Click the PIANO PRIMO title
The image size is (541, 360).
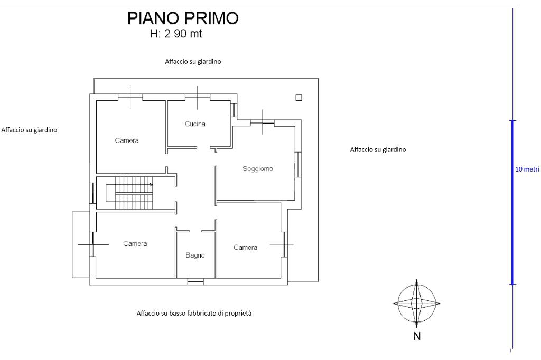coord(183,18)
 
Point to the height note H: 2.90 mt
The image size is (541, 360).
coord(176,34)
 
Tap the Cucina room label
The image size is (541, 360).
coord(195,124)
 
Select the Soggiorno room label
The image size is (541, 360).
coord(258,169)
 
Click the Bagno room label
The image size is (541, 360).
coord(195,255)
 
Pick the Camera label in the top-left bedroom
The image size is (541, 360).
coord(127,140)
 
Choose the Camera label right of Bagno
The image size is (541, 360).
coord(245,248)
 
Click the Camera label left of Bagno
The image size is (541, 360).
coord(135,244)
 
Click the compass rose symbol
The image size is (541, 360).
coord(417,304)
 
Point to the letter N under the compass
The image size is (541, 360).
coord(417,336)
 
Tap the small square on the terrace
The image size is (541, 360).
coord(299,97)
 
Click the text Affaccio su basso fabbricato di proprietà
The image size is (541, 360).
coord(194,313)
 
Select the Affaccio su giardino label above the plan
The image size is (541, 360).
coord(193,61)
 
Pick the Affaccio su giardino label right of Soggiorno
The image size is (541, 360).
coord(378,149)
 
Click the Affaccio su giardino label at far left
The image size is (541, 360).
coord(30,129)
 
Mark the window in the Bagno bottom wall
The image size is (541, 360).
coord(195,282)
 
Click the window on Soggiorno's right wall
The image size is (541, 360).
coord(298,164)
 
